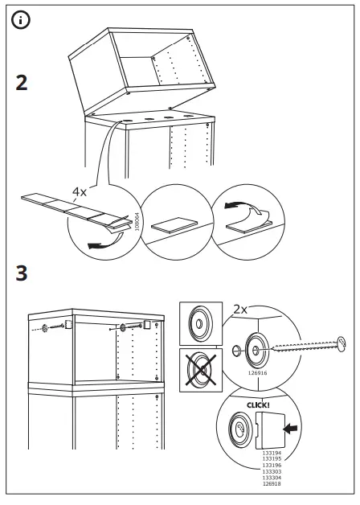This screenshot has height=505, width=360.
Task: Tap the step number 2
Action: point(24,83)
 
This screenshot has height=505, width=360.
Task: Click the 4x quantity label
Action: point(80,192)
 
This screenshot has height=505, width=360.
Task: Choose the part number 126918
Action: point(272,482)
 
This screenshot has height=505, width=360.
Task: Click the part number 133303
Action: point(272,471)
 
